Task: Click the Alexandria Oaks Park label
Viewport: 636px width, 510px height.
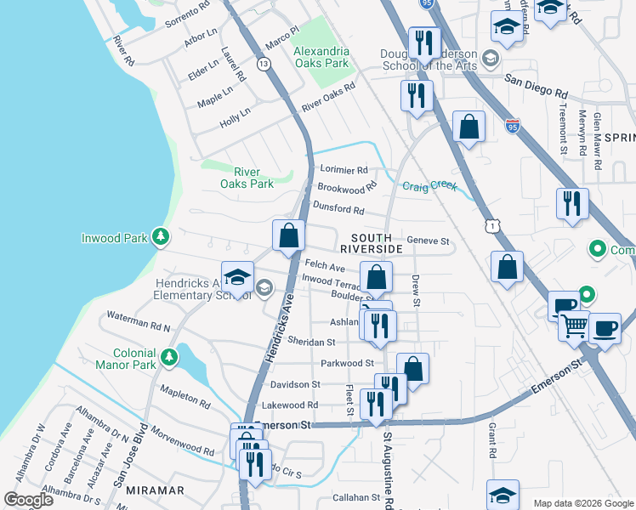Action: (321, 57)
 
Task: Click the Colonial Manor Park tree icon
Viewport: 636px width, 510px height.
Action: (170, 354)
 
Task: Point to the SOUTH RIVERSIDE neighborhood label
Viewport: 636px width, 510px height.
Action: (371, 243)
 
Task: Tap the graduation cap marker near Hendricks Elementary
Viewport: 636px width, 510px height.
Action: (238, 276)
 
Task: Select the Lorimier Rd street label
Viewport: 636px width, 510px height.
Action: (344, 170)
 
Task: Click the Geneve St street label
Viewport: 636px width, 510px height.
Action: (428, 241)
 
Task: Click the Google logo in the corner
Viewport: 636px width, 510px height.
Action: (28, 500)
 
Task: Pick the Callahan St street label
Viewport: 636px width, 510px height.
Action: (356, 497)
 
